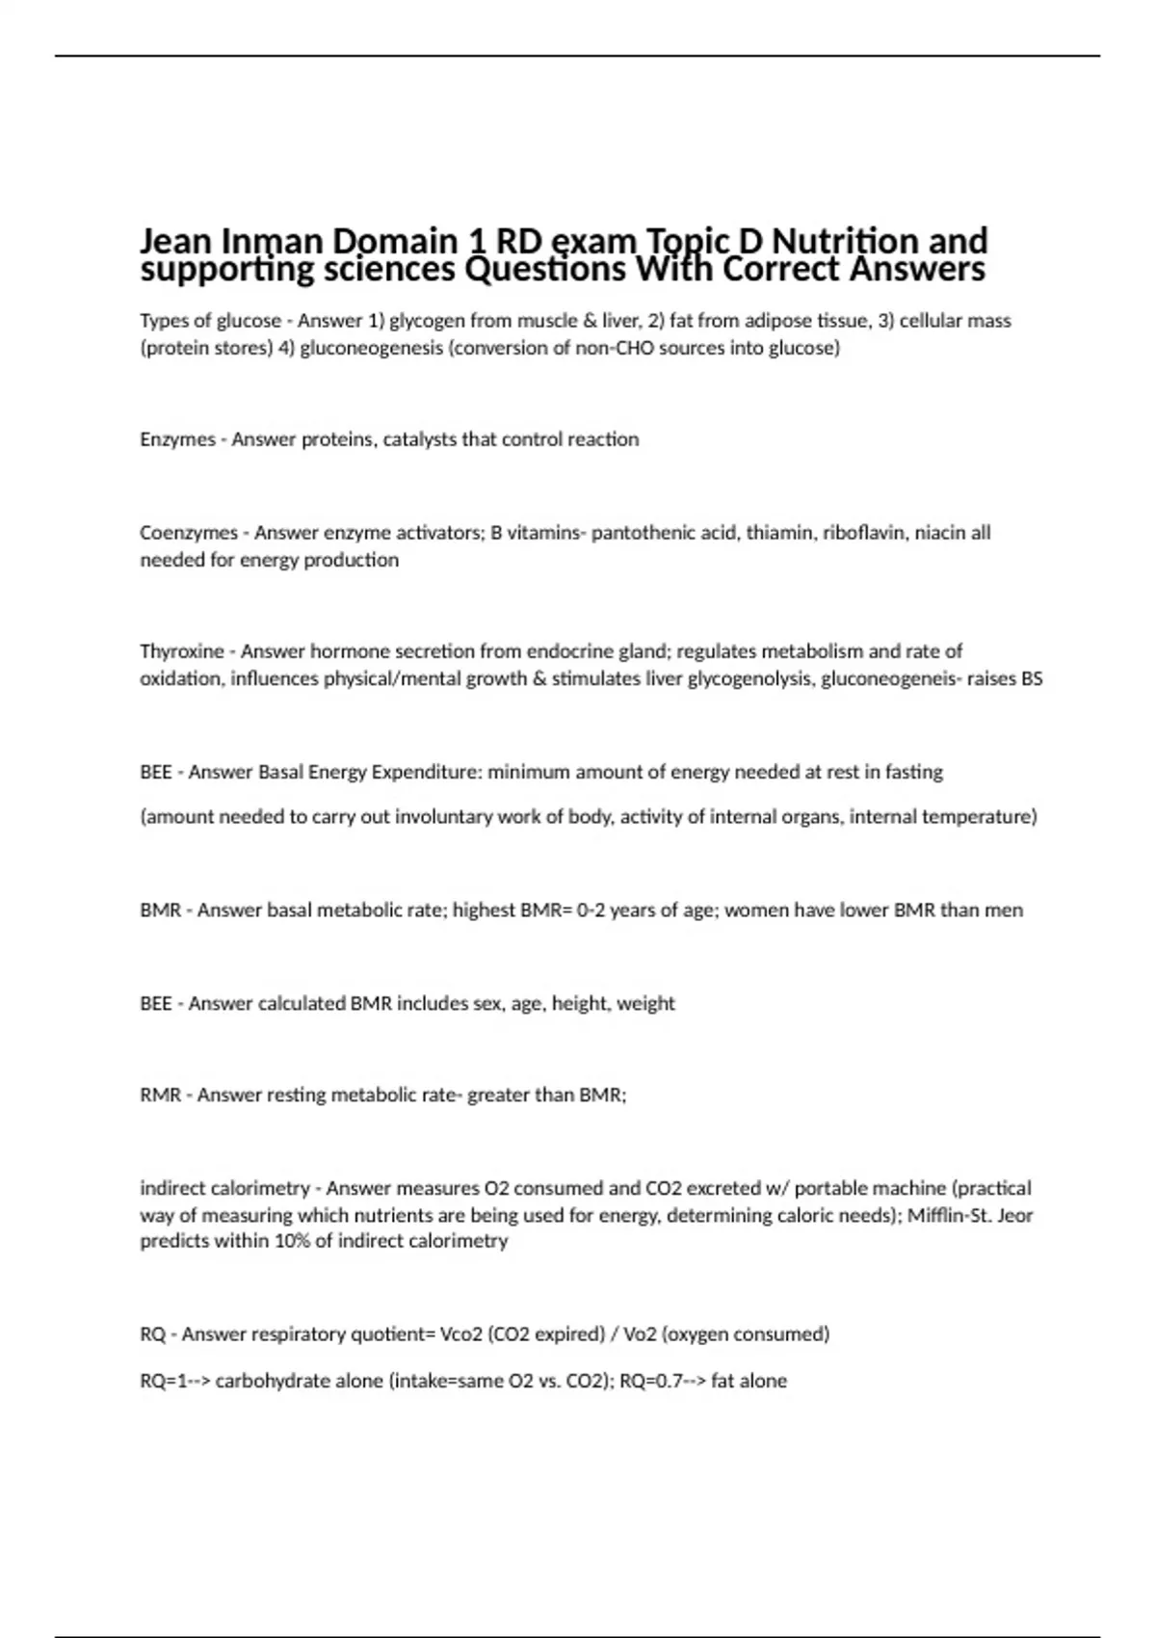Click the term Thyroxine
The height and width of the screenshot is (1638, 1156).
pyautogui.click(x=181, y=651)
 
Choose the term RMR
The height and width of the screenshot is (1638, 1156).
pyautogui.click(x=160, y=1095)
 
